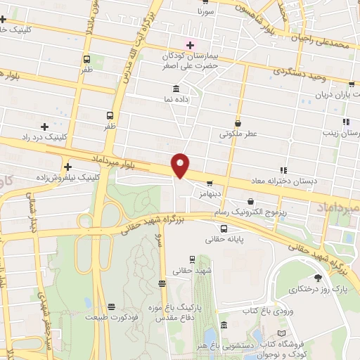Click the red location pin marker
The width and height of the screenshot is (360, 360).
[x=181, y=165]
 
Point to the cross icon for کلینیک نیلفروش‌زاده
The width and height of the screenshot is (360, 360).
[x=68, y=167]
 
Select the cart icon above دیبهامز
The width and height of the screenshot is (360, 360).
[x=210, y=183]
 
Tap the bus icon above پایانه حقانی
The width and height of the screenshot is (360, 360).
[x=224, y=229]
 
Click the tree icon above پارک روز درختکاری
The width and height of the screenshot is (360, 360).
[x=317, y=277]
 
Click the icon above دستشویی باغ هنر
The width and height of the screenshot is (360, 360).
[x=224, y=325]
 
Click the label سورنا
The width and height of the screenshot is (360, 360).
[x=205, y=13]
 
